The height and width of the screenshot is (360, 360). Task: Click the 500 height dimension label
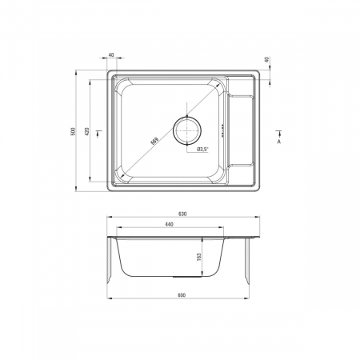(x=74, y=131)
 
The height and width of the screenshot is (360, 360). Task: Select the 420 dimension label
(x=87, y=131)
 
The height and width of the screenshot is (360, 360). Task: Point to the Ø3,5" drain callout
(x=202, y=150)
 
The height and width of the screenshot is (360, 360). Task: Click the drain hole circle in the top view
(x=187, y=130)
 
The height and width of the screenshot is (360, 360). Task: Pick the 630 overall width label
(x=182, y=214)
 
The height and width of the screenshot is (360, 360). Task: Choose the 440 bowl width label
(x=170, y=224)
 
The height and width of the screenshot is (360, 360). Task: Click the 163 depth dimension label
(x=198, y=257)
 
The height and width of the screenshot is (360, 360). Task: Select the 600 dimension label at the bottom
(x=182, y=295)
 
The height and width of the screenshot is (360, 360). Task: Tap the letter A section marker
(x=279, y=142)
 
